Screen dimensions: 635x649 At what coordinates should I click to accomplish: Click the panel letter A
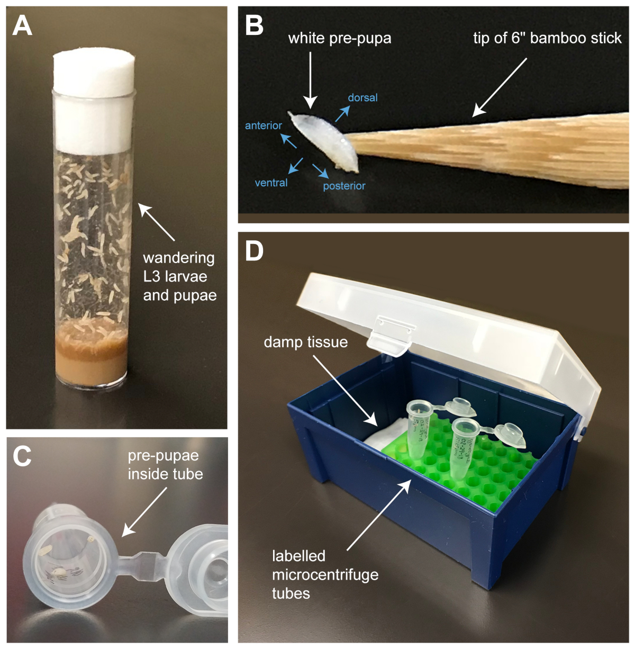click(x=22, y=25)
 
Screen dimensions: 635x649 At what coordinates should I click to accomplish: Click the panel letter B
click(x=255, y=25)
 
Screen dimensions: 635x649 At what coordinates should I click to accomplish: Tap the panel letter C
click(x=22, y=456)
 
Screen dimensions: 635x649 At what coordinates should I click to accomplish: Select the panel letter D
click(x=255, y=251)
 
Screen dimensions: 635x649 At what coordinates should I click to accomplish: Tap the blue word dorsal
click(x=362, y=98)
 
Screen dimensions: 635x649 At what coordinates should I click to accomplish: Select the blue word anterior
click(x=263, y=125)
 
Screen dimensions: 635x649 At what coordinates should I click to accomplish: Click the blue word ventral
click(x=271, y=183)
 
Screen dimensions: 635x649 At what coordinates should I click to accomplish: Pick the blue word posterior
click(x=344, y=186)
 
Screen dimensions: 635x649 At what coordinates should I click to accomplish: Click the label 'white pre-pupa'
click(x=340, y=38)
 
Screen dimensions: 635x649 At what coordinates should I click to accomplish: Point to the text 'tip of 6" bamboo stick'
click(x=547, y=38)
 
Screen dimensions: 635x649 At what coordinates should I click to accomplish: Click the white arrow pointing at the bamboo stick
click(x=500, y=87)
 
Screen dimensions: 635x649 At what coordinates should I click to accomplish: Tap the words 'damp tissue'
click(x=305, y=342)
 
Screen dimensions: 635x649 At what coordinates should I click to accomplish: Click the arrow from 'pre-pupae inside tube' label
click(x=144, y=511)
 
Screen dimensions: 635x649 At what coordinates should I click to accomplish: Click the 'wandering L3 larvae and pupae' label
click(x=179, y=276)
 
